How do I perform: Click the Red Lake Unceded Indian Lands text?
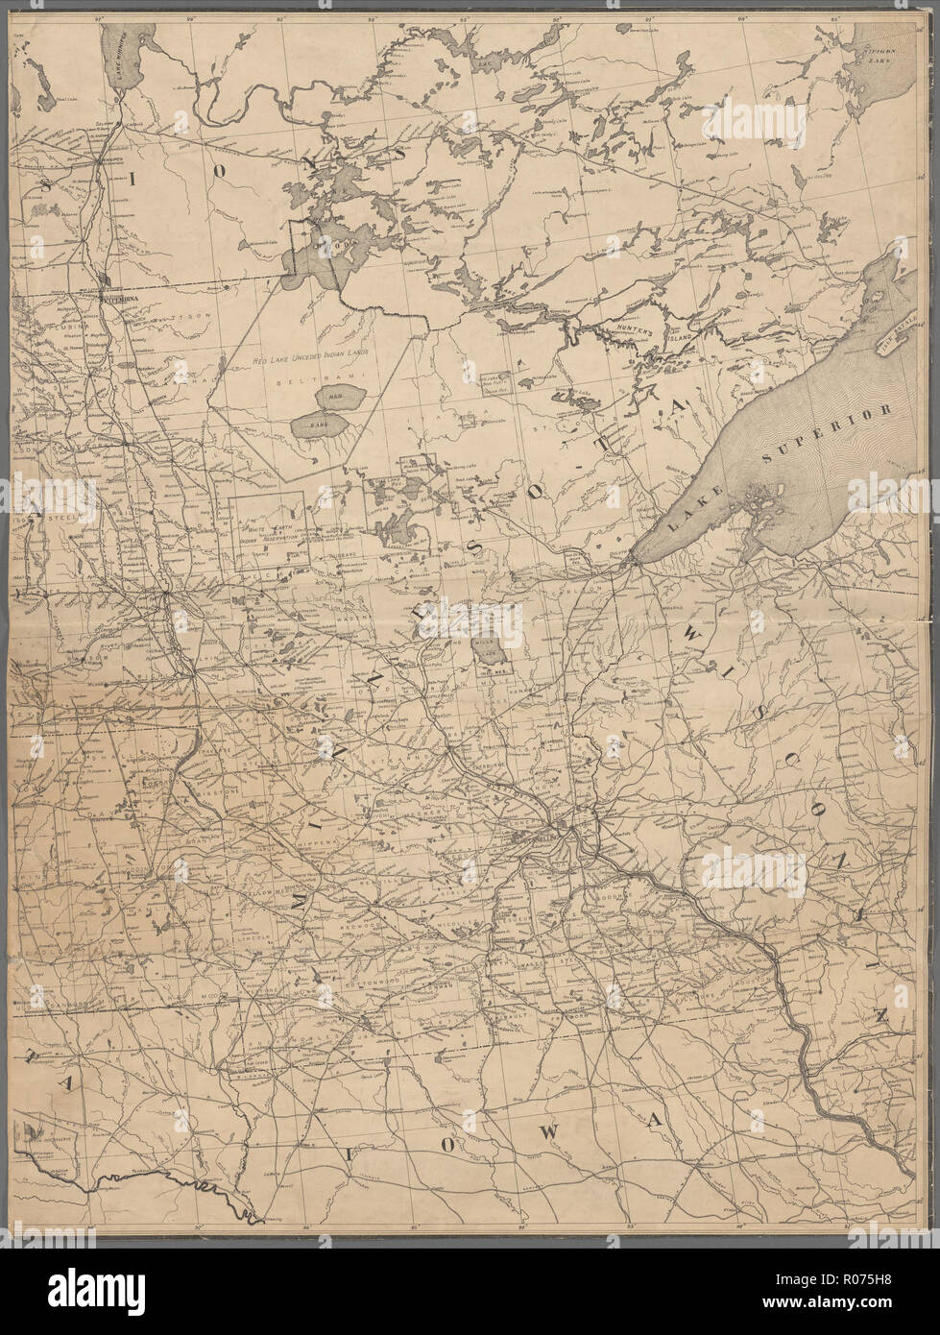[312, 354]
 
